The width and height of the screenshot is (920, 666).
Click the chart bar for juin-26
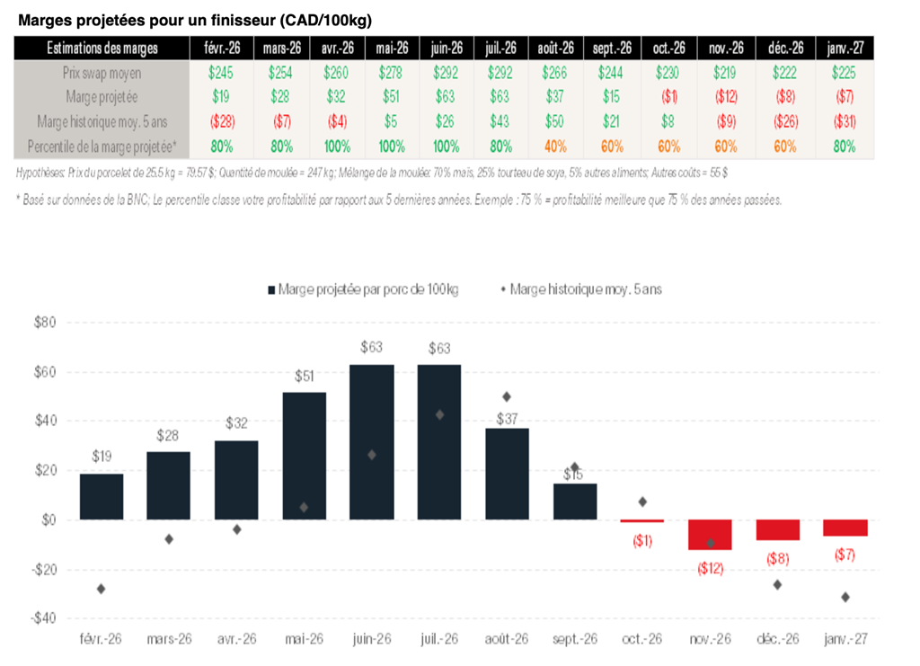(x=371, y=441)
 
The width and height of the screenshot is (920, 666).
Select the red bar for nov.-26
(x=710, y=535)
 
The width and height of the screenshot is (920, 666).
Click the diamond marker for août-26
(x=507, y=396)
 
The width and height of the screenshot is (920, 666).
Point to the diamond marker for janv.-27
(x=845, y=597)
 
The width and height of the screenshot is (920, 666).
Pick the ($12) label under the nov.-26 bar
(x=710, y=568)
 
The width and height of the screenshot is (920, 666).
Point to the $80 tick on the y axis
(x=44, y=323)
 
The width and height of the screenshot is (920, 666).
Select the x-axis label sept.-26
(x=575, y=639)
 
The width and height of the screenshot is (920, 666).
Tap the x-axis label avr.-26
(x=236, y=639)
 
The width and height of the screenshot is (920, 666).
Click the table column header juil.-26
(x=500, y=49)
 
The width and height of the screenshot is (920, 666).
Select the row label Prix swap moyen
(x=102, y=72)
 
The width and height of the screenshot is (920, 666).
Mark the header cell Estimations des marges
(x=102, y=49)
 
